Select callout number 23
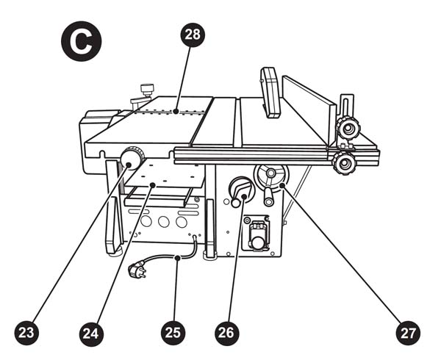click(x=26, y=332)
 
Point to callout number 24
click(x=91, y=332)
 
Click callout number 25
click(x=172, y=332)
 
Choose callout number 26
click(x=226, y=332)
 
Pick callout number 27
click(x=409, y=332)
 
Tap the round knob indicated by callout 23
click(x=133, y=158)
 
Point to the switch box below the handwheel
click(x=258, y=233)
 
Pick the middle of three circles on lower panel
click(x=162, y=220)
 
